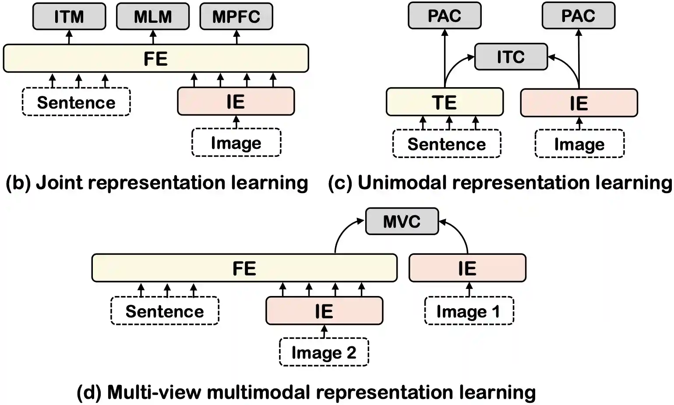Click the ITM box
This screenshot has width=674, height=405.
[x=69, y=17]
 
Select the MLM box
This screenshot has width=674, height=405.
[x=153, y=17]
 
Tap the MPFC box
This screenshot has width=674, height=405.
[x=236, y=17]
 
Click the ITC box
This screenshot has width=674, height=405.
[x=511, y=57]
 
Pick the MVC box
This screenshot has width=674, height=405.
[x=402, y=222]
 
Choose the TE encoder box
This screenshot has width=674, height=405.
[x=445, y=102]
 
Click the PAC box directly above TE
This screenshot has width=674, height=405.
[x=445, y=16]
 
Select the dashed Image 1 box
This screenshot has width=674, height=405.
[x=469, y=311]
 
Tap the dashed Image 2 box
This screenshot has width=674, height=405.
[x=324, y=352]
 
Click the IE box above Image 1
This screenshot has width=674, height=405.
[x=467, y=268]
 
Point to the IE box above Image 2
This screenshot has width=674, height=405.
[x=324, y=311]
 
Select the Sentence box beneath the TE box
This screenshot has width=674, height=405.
[x=447, y=144]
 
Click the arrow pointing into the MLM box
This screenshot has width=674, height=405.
[x=153, y=37]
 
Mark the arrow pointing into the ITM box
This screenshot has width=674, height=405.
[x=69, y=37]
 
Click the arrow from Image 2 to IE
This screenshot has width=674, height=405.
[x=324, y=331]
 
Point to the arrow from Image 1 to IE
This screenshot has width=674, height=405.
[x=469, y=290]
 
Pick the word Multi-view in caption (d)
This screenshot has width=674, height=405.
[x=154, y=392]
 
